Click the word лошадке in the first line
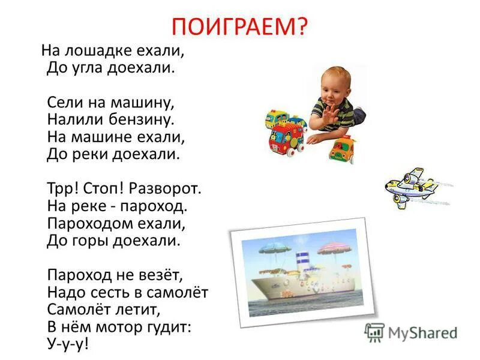click(97, 51)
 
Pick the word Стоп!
click(106, 189)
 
